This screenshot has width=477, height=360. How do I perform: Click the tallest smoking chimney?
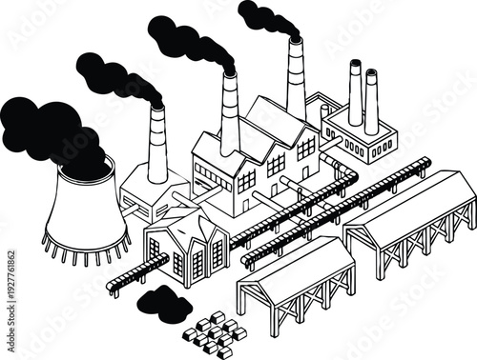click(x=296, y=81)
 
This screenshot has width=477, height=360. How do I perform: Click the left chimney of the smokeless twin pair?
click(x=355, y=95)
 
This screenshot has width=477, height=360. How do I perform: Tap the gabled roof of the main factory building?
click(x=277, y=119)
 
